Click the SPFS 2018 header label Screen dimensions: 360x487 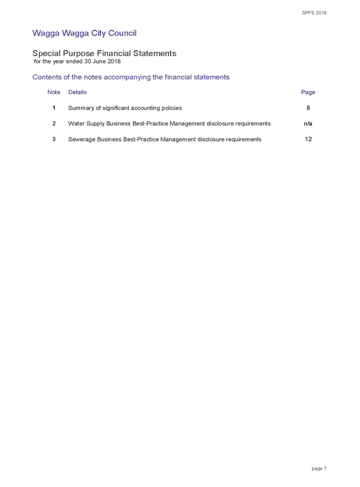click(x=314, y=13)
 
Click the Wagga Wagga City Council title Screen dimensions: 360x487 click(x=84, y=33)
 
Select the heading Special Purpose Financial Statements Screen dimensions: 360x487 click(x=104, y=53)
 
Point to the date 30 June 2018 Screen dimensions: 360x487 click(x=102, y=61)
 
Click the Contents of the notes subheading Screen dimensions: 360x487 click(x=131, y=77)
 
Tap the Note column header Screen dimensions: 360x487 click(x=54, y=92)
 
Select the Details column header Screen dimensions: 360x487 click(x=77, y=92)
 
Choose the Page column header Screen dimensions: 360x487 click(x=308, y=92)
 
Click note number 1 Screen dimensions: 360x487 click(x=54, y=108)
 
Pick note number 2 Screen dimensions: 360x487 click(x=54, y=124)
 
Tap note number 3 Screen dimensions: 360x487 click(x=54, y=139)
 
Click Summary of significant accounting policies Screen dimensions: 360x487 click(x=125, y=108)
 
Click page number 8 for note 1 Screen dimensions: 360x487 click(x=308, y=108)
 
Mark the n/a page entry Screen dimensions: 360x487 click(x=308, y=124)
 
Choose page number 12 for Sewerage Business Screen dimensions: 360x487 click(x=308, y=139)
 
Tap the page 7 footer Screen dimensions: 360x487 click(x=319, y=468)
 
